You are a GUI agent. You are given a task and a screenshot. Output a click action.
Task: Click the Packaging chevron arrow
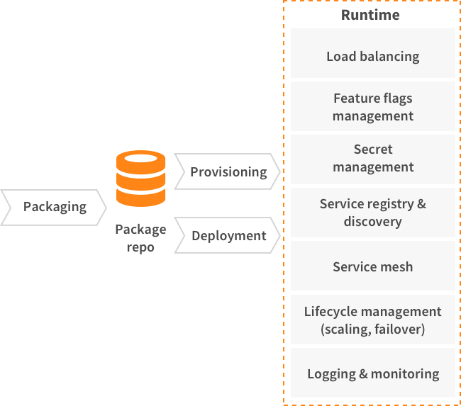(x=53, y=208)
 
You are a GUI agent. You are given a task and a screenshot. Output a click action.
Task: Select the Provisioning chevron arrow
(x=228, y=171)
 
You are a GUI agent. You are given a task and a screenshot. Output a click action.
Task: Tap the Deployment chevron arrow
(x=228, y=235)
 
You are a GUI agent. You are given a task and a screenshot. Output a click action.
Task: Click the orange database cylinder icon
(x=141, y=179)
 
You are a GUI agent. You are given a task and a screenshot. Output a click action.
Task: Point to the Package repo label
(x=140, y=238)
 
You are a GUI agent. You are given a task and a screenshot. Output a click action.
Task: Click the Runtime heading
(x=370, y=15)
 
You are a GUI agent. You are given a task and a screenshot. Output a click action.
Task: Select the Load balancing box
(x=373, y=53)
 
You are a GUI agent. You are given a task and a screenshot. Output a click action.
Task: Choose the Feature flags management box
(x=373, y=106)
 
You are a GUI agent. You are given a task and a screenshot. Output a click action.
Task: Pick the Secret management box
(x=373, y=159)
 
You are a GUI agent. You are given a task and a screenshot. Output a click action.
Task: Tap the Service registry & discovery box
(x=373, y=213)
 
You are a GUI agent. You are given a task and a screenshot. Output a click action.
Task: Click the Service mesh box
(x=373, y=266)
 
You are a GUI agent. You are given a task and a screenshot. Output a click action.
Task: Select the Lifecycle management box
(x=373, y=320)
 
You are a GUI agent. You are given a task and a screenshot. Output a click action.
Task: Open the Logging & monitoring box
(x=373, y=373)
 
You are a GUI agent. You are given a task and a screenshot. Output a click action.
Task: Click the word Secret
(x=373, y=150)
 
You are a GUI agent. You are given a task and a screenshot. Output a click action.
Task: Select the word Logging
(x=332, y=375)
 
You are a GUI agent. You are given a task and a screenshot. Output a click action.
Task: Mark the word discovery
(x=373, y=222)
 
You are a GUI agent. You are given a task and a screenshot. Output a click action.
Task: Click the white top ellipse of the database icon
(x=141, y=158)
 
